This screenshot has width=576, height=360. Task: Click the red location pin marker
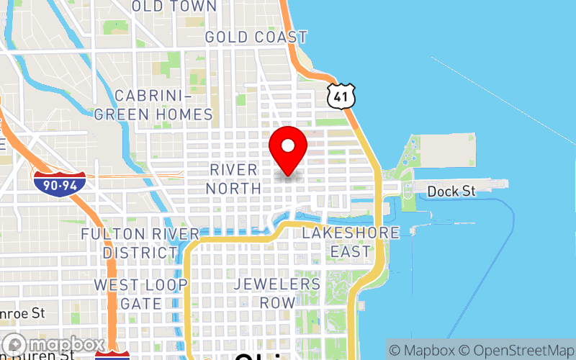(288, 148)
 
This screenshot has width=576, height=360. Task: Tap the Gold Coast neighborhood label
(256, 37)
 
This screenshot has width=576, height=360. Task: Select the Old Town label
(174, 6)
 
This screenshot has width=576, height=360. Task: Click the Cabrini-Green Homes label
(153, 105)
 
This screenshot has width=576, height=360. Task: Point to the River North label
(233, 179)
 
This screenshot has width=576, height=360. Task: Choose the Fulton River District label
(140, 243)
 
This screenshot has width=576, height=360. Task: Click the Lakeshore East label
(351, 242)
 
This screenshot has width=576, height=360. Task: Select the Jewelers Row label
(276, 293)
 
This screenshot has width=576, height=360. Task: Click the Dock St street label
(451, 192)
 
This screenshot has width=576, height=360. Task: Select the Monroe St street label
(22, 314)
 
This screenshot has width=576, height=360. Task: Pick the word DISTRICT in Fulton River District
(140, 253)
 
